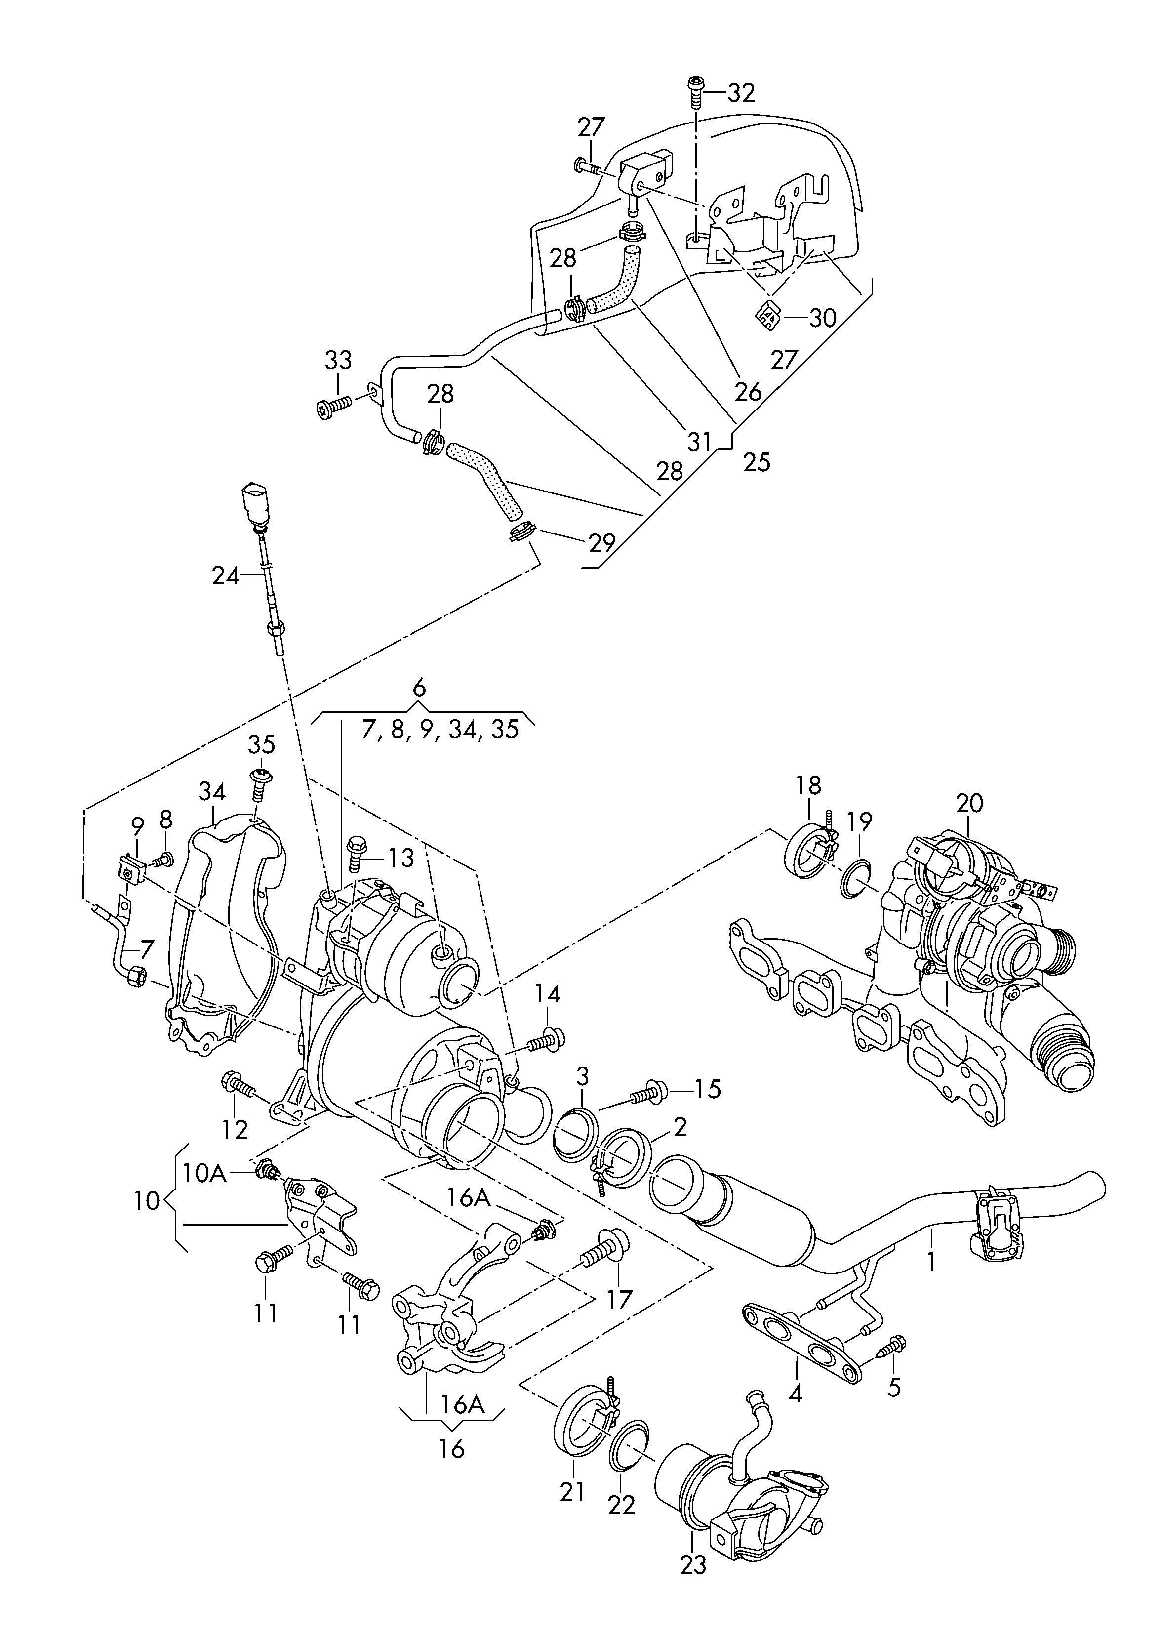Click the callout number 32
pos(741,93)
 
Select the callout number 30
pos(822,318)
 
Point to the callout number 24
pos(225,575)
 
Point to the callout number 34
pos(212,791)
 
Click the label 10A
pos(204,1173)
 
